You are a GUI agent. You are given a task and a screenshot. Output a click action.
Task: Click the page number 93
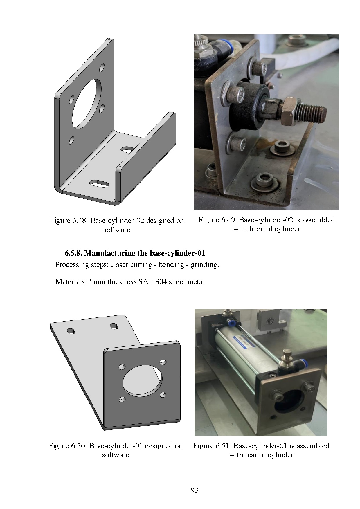coord(195,490)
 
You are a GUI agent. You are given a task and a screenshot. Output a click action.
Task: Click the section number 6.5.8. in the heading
coord(73,253)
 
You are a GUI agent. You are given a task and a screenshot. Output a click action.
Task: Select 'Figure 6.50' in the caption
coord(67,446)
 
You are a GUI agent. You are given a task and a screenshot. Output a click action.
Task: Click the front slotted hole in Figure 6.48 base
coord(99,183)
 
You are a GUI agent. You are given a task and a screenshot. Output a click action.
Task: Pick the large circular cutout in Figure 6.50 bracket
coord(143,380)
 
